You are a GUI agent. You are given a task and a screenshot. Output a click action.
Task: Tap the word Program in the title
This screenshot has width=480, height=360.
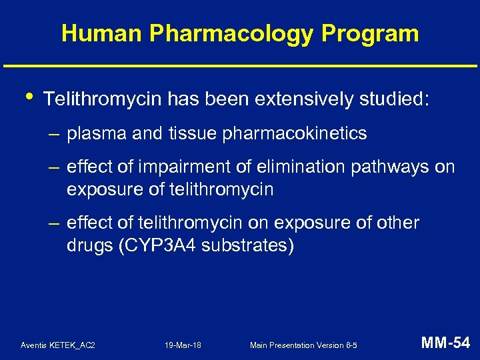click(x=379, y=33)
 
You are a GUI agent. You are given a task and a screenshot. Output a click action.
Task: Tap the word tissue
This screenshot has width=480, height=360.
click(x=194, y=133)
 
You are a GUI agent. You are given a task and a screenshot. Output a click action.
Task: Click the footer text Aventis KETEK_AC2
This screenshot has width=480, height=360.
click(x=58, y=345)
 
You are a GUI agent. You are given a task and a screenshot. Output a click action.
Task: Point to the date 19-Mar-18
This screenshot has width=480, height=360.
click(x=183, y=345)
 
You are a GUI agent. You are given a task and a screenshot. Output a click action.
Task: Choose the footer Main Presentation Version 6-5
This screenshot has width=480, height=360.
click(x=303, y=345)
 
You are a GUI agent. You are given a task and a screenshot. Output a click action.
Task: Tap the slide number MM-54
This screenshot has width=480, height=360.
click(x=445, y=343)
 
